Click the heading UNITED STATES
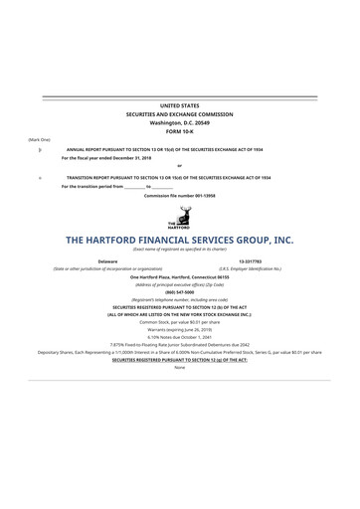pyautogui.click(x=179, y=104)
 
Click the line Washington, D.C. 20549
pyautogui.click(x=179, y=121)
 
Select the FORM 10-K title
pyautogui.click(x=179, y=130)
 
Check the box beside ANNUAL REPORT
pyautogui.click(x=39, y=148)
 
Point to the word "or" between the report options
pyautogui.click(x=179, y=166)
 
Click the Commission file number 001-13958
pyautogui.click(x=179, y=195)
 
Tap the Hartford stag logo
pyautogui.click(x=179, y=217)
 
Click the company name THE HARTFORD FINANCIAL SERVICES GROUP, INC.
pyautogui.click(x=179, y=240)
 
